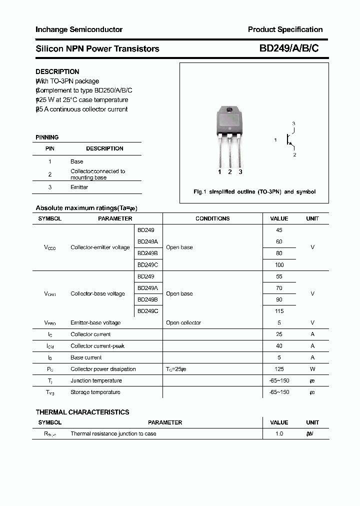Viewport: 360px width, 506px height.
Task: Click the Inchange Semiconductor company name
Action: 79,29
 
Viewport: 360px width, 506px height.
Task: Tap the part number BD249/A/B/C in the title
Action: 288,48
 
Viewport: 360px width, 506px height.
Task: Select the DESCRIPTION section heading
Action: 57,71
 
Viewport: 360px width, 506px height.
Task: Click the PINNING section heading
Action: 47,137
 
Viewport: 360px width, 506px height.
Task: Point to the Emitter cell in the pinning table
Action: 79,187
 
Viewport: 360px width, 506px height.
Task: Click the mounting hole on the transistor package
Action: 229,110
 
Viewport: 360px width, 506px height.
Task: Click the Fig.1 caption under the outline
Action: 254,191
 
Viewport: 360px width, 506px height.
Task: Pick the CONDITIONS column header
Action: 212,218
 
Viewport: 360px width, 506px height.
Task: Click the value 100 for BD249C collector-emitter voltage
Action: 279,265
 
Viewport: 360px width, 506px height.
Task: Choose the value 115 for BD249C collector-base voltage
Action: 279,311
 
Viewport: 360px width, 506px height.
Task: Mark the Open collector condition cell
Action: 183,322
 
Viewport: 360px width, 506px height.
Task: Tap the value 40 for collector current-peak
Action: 279,346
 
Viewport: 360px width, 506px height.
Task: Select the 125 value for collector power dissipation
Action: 279,369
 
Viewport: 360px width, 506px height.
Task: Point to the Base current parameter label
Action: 86,357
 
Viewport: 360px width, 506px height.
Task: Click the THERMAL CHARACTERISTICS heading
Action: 82,412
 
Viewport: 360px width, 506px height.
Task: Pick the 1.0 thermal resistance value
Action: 279,433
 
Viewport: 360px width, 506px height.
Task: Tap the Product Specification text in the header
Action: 285,29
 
